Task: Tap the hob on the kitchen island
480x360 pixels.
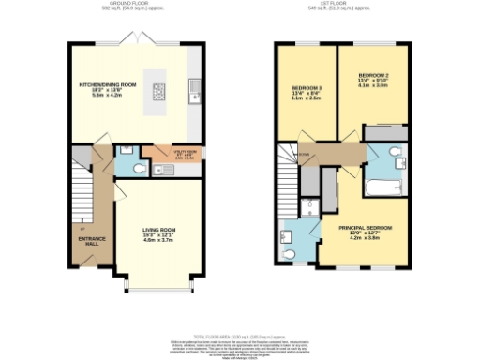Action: [159, 92]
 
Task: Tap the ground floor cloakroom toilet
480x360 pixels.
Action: [138, 169]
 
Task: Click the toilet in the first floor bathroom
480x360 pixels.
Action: [397, 154]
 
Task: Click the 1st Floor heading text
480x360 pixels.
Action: [338, 5]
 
